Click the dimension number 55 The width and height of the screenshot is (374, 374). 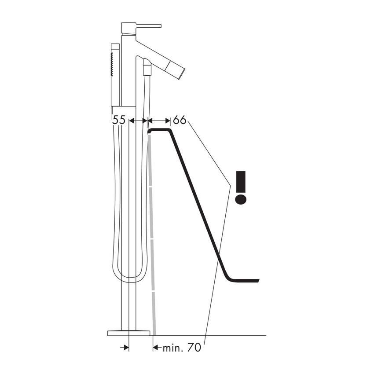coord(119,120)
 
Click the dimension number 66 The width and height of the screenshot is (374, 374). coord(180,120)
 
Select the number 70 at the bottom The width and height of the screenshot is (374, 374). coord(194,348)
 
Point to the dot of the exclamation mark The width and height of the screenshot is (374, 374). coord(241,199)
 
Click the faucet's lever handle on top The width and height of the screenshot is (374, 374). coord(141,28)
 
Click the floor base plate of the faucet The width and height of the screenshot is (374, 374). coord(129,333)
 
